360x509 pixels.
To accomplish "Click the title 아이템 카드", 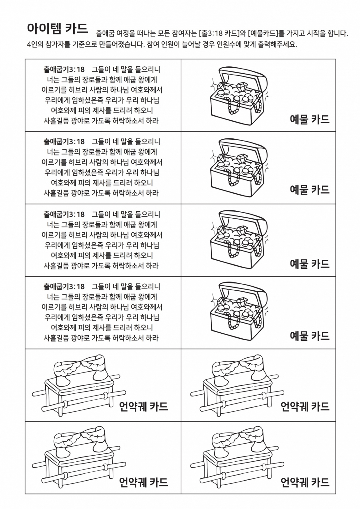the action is pos(57,29).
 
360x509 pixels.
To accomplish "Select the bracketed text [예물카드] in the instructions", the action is pos(263,33).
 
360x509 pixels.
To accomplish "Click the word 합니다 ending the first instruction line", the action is pos(338,33).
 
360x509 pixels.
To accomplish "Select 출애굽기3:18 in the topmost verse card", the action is pos(64,70).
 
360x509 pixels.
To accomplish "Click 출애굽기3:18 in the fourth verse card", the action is pos(64,287).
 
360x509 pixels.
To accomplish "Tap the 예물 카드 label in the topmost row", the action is pos(309,119).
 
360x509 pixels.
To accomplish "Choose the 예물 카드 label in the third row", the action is pos(309,264).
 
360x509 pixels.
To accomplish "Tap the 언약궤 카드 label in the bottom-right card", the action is pos(305,481).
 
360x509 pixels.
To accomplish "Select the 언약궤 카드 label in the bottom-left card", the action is pos(144,481).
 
